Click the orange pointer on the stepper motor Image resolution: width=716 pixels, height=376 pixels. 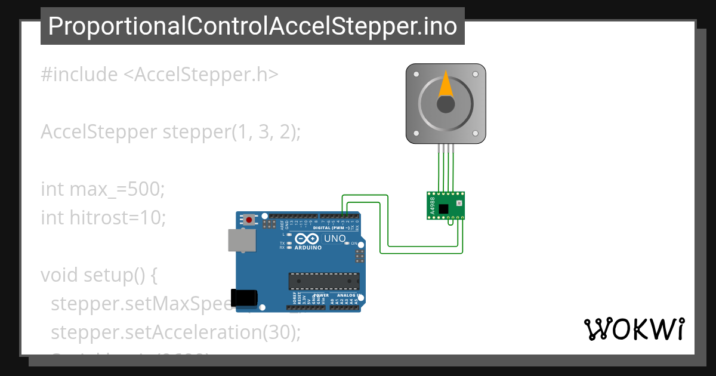(x=446, y=85)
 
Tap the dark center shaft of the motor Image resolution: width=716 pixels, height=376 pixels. (x=446, y=105)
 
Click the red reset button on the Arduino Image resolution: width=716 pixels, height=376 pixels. (x=249, y=220)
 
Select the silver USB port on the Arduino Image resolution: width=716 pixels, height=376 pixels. (x=242, y=241)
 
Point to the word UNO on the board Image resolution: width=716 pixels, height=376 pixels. (x=334, y=239)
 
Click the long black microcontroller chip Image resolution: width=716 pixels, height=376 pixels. (x=324, y=281)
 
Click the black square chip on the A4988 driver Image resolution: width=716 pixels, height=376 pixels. (x=443, y=208)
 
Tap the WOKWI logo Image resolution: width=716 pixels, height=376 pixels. (x=634, y=329)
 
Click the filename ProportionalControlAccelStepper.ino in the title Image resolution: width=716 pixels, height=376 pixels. (x=252, y=26)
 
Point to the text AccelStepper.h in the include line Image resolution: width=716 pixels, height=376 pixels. (x=201, y=75)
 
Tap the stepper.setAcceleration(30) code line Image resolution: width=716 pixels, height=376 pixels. (x=176, y=332)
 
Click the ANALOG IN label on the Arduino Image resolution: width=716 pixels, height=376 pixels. (x=346, y=295)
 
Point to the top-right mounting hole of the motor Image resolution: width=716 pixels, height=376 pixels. (x=475, y=75)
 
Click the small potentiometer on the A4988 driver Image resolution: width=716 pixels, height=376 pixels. (x=458, y=204)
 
